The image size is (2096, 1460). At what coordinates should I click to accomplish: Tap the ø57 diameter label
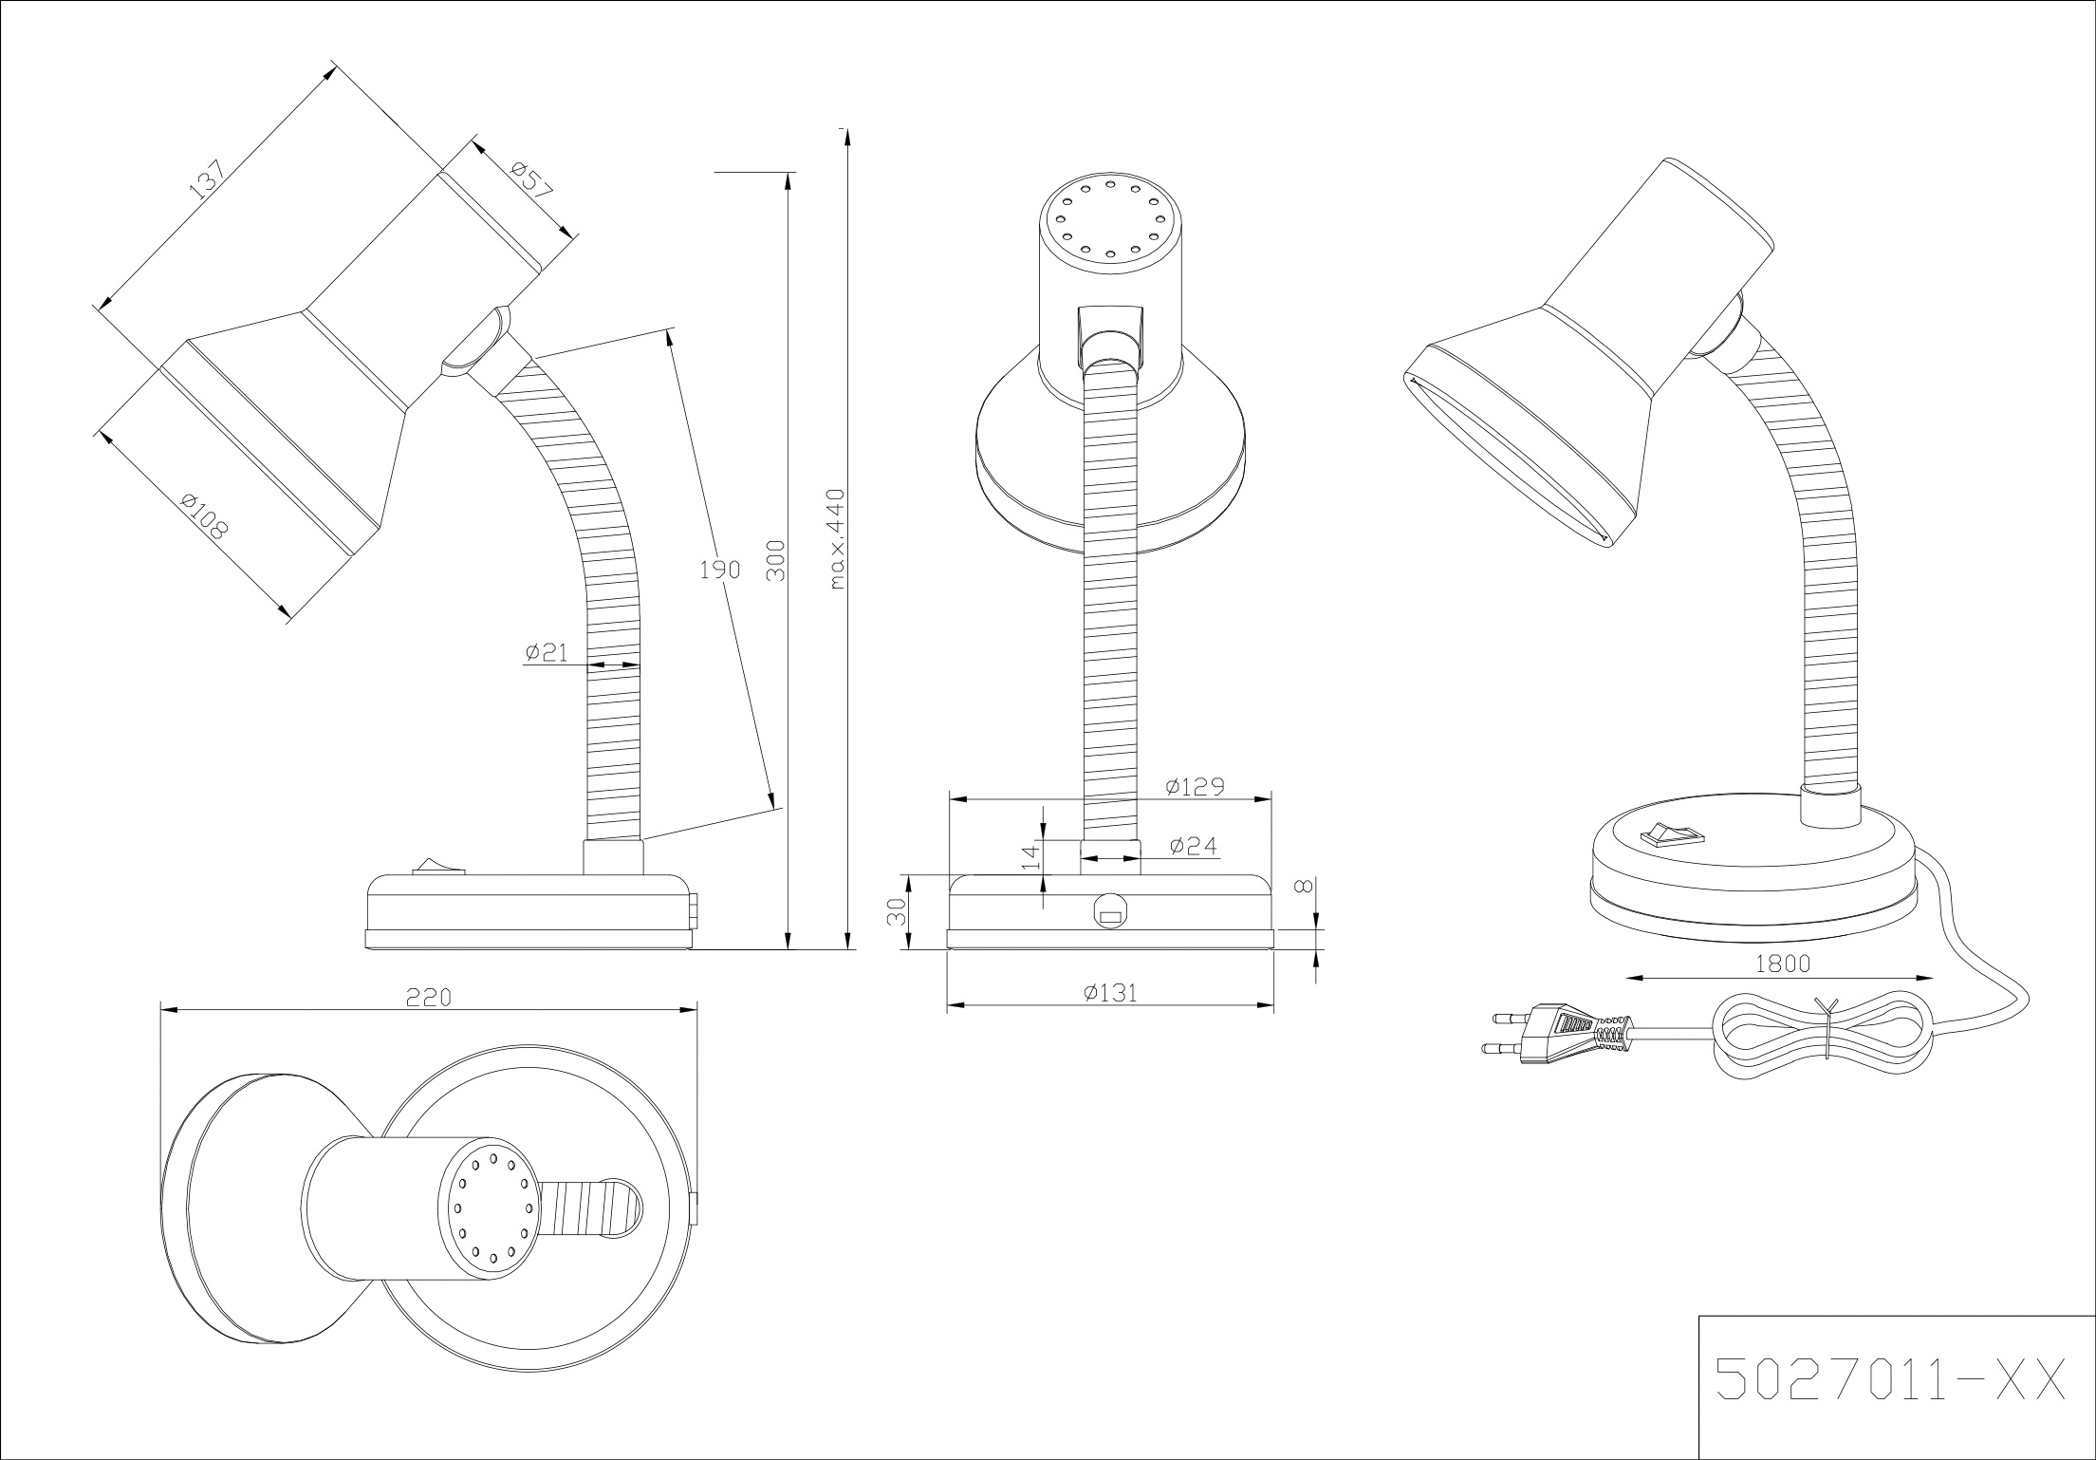pyautogui.click(x=530, y=180)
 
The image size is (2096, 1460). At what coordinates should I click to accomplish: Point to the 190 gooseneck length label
pyautogui.click(x=718, y=571)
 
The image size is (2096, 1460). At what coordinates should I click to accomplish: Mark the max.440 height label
pyautogui.click(x=836, y=538)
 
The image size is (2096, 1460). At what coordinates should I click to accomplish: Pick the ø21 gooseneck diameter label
pyautogui.click(x=546, y=652)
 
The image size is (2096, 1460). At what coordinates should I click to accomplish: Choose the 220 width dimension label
pyautogui.click(x=429, y=998)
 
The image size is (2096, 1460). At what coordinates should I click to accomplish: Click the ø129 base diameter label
pyautogui.click(x=1196, y=787)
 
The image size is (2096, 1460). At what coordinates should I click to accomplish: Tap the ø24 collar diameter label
pyautogui.click(x=1193, y=846)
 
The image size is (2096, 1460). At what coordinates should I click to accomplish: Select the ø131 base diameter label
pyautogui.click(x=1110, y=993)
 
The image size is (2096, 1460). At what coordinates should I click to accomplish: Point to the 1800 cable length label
pyautogui.click(x=1783, y=964)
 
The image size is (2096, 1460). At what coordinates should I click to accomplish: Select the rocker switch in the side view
pyautogui.click(x=433, y=865)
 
